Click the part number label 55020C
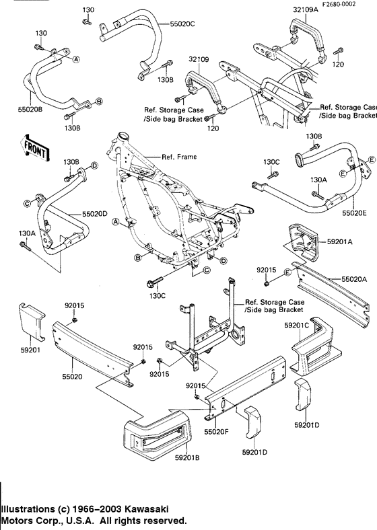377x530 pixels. tap(182, 24)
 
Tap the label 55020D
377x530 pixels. tap(96, 213)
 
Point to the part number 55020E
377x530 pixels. tap(351, 212)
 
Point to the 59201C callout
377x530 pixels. tap(296, 326)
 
